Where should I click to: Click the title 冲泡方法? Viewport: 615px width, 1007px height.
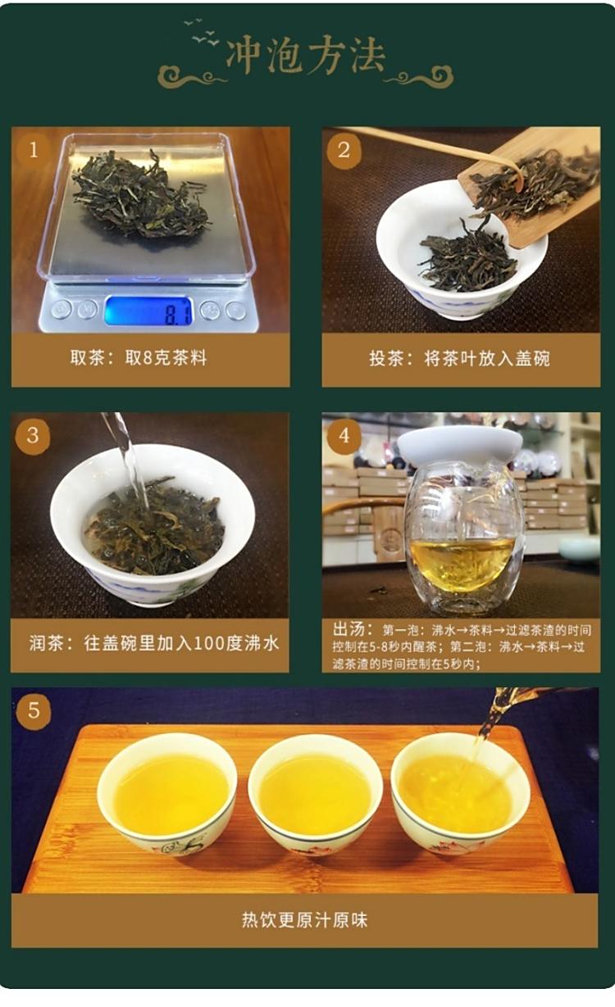click(x=305, y=57)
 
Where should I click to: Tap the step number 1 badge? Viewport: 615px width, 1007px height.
click(x=34, y=150)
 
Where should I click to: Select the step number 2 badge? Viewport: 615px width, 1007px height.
click(x=344, y=150)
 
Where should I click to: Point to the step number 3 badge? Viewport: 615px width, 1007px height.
click(x=33, y=436)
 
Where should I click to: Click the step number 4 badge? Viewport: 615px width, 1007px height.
click(x=344, y=436)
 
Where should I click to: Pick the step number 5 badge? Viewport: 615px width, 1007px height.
click(x=34, y=710)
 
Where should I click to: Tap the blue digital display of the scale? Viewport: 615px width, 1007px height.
click(x=148, y=311)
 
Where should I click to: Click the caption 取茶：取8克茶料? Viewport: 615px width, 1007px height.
click(x=139, y=358)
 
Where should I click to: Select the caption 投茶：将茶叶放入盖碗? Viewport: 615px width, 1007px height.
click(x=459, y=358)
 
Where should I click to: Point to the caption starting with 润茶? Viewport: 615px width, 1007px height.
click(x=154, y=643)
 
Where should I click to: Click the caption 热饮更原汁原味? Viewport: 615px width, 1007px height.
click(x=304, y=920)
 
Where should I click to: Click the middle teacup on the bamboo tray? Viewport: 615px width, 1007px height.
click(x=316, y=794)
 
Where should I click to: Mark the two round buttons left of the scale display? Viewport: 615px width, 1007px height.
click(x=74, y=310)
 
